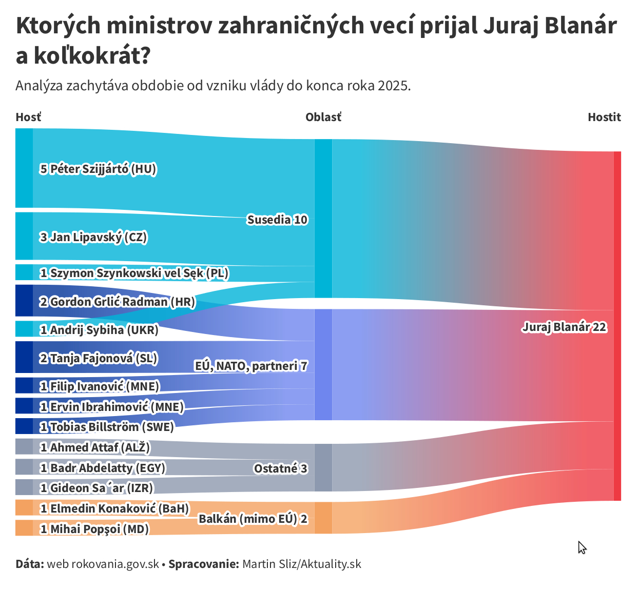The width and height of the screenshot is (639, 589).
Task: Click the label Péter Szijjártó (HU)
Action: [98, 169]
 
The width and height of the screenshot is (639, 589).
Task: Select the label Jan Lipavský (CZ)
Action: [93, 237]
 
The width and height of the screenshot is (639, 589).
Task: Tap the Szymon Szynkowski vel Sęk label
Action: [134, 273]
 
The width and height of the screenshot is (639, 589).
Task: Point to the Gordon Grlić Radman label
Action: [118, 302]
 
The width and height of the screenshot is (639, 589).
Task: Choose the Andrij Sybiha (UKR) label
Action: [99, 330]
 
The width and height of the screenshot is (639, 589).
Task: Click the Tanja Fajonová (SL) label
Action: [99, 358]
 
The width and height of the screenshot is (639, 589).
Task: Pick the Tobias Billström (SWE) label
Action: [107, 427]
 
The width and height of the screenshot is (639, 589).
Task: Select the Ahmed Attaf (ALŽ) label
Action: [95, 447]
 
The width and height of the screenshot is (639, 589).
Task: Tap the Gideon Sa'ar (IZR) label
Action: [96, 488]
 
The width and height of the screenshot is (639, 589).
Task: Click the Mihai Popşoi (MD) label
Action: [94, 529]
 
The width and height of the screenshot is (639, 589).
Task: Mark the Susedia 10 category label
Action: [277, 220]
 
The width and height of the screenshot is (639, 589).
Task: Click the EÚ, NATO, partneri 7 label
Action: [251, 366]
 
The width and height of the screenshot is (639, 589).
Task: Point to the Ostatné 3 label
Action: [280, 468]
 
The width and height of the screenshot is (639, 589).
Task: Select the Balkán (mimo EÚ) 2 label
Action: [253, 519]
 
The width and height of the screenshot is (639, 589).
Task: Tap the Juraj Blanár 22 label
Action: [564, 327]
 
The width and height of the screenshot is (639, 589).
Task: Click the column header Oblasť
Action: [323, 117]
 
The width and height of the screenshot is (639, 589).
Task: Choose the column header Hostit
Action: [604, 117]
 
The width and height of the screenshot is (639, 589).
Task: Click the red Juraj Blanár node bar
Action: [617, 326]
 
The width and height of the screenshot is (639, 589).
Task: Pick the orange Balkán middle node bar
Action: [323, 518]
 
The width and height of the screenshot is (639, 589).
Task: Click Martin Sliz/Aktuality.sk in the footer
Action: [302, 564]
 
